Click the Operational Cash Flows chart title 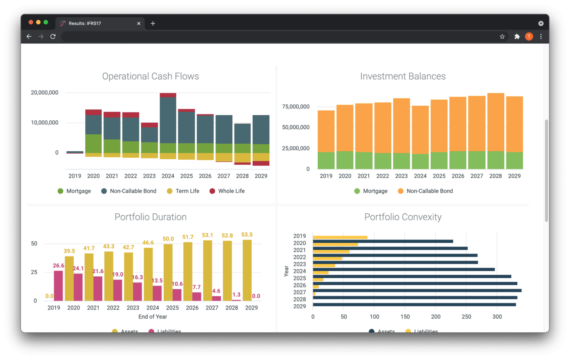[x=150, y=76]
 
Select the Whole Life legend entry [x=227, y=191]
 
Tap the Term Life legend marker [x=170, y=191]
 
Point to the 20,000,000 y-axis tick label [x=45, y=93]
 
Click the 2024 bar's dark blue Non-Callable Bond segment [x=168, y=120]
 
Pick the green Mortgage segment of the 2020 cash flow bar [x=93, y=143]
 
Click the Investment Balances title [x=403, y=76]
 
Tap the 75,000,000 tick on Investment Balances [x=296, y=107]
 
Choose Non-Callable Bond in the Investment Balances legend [x=425, y=191]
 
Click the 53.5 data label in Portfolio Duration [x=247, y=235]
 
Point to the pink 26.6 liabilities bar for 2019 [x=58, y=285]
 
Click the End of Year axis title [x=153, y=317]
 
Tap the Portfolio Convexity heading [x=403, y=217]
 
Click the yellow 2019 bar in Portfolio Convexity [x=340, y=238]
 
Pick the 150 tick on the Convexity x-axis [x=405, y=317]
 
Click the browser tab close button [x=139, y=23]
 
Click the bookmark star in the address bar [x=502, y=36]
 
